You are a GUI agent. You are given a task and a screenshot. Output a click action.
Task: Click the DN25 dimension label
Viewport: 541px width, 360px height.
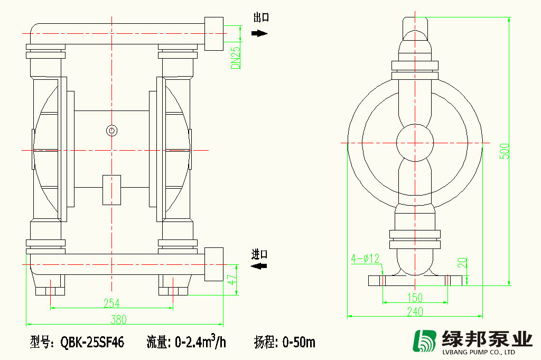236,57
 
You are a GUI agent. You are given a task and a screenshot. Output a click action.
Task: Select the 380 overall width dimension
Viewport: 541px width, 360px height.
118,319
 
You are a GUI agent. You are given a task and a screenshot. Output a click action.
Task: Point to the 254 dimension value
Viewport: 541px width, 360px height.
111,303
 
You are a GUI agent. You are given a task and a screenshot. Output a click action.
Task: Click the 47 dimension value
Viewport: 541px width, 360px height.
231,280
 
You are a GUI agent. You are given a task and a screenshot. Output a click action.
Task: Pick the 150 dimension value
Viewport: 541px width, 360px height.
416,297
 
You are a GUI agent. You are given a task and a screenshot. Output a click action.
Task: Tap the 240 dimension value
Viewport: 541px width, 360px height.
415,312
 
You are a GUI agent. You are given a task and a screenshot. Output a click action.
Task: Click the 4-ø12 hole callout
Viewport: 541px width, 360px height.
366,259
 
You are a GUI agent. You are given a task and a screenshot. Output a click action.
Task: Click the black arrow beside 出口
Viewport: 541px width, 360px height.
259,33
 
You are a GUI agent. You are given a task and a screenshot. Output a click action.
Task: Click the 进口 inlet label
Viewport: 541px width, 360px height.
259,254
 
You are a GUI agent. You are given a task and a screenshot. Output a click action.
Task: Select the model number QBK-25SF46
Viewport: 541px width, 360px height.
92,343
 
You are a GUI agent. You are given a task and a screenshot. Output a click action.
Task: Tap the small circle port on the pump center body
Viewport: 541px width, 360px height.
111,130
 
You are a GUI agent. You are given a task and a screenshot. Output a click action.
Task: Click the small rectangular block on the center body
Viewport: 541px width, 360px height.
111,189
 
